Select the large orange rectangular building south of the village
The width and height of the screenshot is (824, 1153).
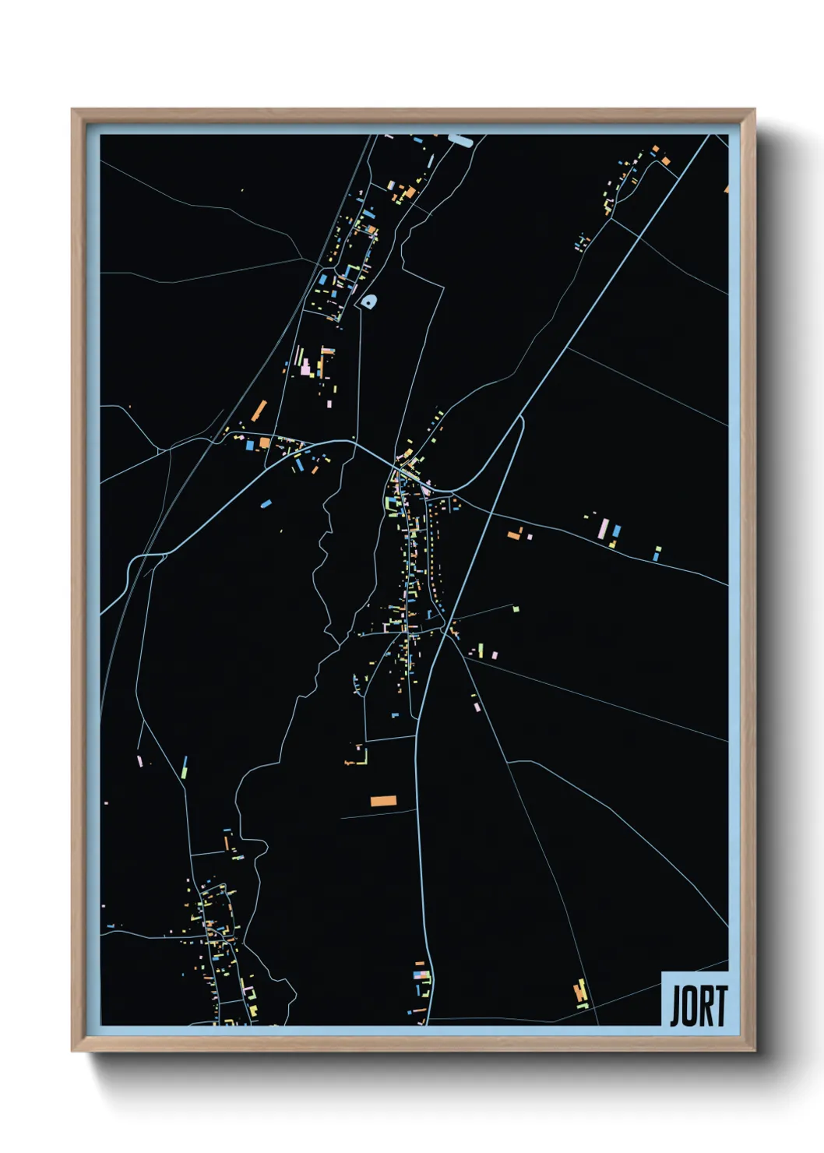383,801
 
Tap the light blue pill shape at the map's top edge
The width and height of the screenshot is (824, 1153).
460,140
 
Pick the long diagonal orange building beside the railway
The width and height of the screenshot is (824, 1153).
259,411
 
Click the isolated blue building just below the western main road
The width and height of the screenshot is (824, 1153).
266,503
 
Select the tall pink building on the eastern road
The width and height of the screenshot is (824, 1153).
603,530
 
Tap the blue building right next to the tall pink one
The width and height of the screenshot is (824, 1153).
616,531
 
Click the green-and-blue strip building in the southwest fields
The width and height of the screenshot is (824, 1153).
185,767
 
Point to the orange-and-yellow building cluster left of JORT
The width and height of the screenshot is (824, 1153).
580,993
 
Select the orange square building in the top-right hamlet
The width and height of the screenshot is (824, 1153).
665,161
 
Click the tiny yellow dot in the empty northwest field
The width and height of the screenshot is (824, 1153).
242,190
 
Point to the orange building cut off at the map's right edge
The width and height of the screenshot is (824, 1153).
726,189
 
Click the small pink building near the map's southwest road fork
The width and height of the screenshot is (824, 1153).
140,760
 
